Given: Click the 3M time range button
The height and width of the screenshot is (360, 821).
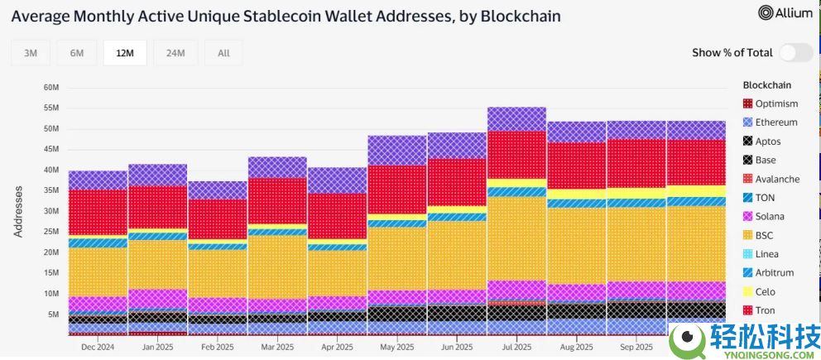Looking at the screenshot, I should pos(31,53).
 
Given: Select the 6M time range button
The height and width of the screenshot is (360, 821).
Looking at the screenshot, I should pos(77,53).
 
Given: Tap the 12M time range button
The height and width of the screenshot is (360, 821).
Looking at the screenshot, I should pos(125,53).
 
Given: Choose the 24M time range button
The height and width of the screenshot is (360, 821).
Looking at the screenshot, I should pos(175,53).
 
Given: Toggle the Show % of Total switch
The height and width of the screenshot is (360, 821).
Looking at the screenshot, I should pos(795,53).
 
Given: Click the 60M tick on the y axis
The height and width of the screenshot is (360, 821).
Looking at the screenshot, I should pos(50,88).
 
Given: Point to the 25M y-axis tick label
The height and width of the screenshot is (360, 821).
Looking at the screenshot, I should pos(50,232).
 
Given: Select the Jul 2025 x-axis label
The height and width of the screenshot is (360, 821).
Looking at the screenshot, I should pos(516,348).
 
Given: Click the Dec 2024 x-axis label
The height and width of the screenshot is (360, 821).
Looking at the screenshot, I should pos(98,348).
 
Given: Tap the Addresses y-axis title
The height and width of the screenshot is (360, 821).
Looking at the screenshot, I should pos(18,211).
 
